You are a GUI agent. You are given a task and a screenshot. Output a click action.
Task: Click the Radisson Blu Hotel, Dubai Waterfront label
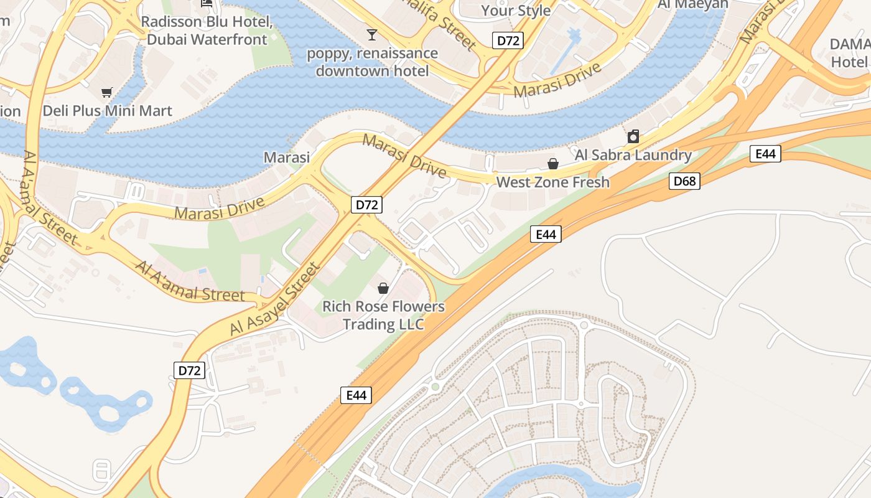pyautogui.click(x=207, y=31)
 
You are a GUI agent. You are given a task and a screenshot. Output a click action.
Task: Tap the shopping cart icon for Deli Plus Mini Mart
pyautogui.click(x=107, y=92)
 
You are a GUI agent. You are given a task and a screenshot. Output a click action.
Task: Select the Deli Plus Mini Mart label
pyautogui.click(x=107, y=111)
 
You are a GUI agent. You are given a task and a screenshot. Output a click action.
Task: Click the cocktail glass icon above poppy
pyautogui.click(x=372, y=34)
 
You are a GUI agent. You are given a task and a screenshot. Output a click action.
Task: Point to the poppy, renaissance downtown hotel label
pyautogui.click(x=372, y=62)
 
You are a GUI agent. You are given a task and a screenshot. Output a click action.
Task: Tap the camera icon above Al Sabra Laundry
pyautogui.click(x=633, y=136)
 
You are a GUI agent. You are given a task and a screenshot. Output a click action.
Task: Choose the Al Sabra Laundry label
pyautogui.click(x=633, y=155)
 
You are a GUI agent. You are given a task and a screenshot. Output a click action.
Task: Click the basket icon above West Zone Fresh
pyautogui.click(x=552, y=164)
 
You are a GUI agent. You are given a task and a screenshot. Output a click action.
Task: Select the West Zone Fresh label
pyautogui.click(x=552, y=182)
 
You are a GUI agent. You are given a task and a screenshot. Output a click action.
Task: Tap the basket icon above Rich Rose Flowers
pyautogui.click(x=383, y=288)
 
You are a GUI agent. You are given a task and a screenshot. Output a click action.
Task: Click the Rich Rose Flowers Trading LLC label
pyautogui.click(x=383, y=316)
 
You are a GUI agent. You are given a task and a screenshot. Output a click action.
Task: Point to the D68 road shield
pyautogui.click(x=685, y=181)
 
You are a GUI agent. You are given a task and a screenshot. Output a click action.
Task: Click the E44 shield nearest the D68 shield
pyautogui.click(x=765, y=154)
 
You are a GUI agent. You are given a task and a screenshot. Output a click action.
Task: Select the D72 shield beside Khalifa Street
pyautogui.click(x=508, y=41)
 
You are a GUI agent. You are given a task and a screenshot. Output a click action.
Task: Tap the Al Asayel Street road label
pyautogui.click(x=274, y=299)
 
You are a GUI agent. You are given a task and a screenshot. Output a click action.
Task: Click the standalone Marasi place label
pyautogui.click(x=287, y=157)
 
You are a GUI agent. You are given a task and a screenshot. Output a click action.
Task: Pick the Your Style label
pyautogui.click(x=516, y=11)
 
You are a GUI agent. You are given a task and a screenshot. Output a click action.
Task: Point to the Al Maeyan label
pyautogui.click(x=692, y=5)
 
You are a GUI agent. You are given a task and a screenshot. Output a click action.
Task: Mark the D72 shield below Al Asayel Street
pyautogui.click(x=189, y=370)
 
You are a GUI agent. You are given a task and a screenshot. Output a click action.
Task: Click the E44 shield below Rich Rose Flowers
pyautogui.click(x=356, y=395)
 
